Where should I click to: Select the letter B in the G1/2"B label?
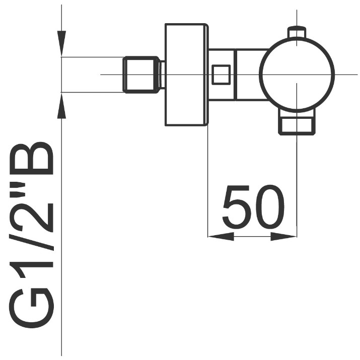[x=31, y=159]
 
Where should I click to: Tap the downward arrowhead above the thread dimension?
[x=61, y=43]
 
